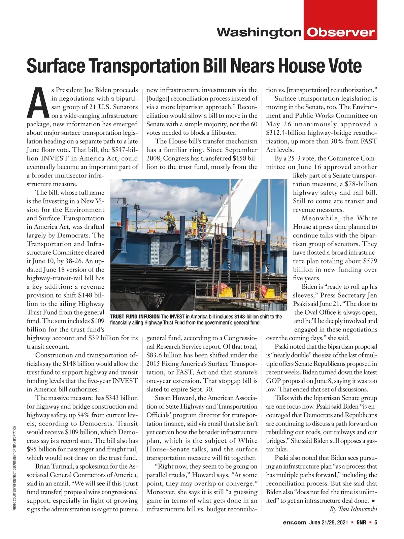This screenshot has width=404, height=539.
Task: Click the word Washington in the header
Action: (x=259, y=33)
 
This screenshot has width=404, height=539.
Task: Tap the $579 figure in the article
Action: (x=370, y=261)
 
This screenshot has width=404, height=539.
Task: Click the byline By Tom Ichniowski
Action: (x=353, y=509)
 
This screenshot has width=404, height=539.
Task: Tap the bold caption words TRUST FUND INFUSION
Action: (x=135, y=317)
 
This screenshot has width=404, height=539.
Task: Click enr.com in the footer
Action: (x=294, y=522)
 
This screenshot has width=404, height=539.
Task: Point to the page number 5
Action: (x=375, y=522)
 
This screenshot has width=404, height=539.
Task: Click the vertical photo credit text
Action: (x=15, y=468)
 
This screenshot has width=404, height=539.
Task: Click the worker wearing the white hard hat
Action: (x=203, y=218)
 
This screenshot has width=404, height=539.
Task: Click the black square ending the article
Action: (x=373, y=501)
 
